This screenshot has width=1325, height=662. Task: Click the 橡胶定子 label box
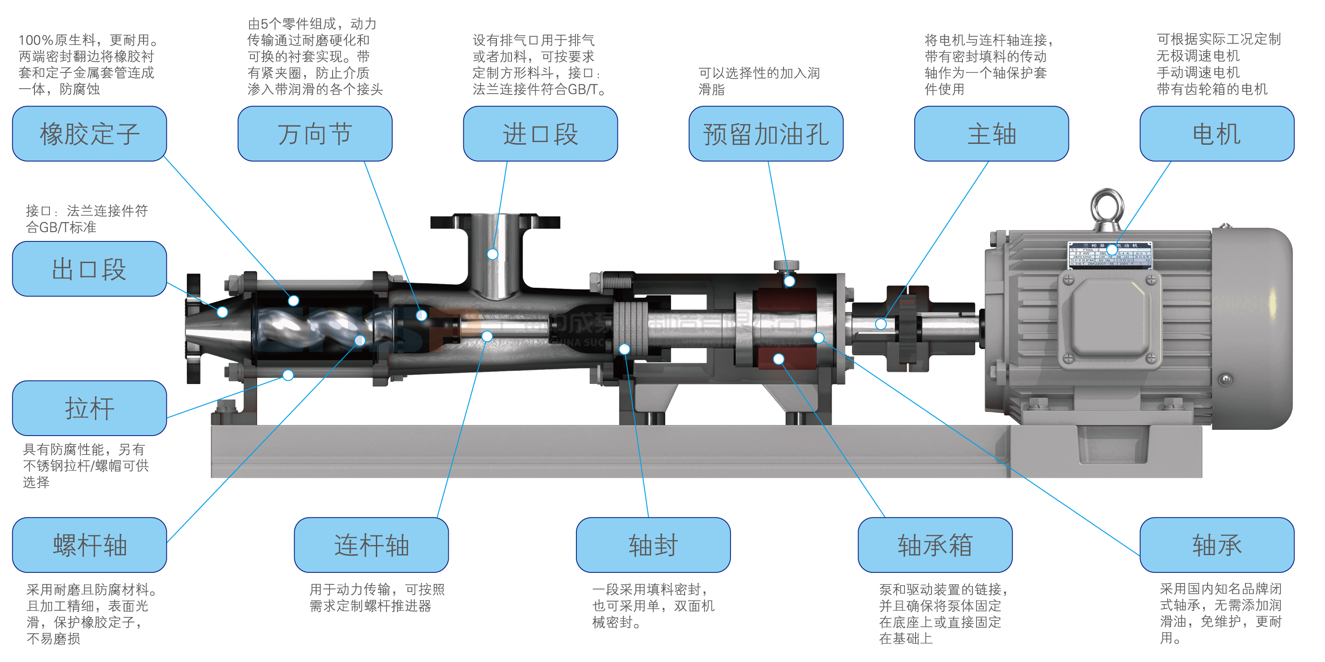tap(90, 134)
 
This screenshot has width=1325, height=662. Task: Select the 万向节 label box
tap(315, 134)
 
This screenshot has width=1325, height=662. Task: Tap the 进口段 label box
tap(540, 134)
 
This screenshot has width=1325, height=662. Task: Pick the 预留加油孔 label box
tap(766, 134)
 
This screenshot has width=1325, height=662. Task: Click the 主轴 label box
tap(991, 134)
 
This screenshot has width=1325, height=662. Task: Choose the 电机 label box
tap(1216, 134)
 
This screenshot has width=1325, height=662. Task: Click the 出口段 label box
tap(90, 269)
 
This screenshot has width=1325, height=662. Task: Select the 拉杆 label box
tap(90, 408)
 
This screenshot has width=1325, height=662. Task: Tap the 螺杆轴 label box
tap(90, 545)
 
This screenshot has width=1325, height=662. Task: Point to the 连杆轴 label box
tap(371, 545)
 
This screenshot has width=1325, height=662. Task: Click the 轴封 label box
tap(653, 545)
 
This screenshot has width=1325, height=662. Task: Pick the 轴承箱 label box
tap(935, 545)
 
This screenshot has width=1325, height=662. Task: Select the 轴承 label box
tap(1216, 545)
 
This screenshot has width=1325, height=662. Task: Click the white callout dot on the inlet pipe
tap(492, 254)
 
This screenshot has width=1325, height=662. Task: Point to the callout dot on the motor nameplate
tap(1112, 250)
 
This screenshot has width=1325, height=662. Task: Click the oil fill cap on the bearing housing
tap(786, 266)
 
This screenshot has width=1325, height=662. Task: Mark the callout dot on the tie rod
tap(288, 375)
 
